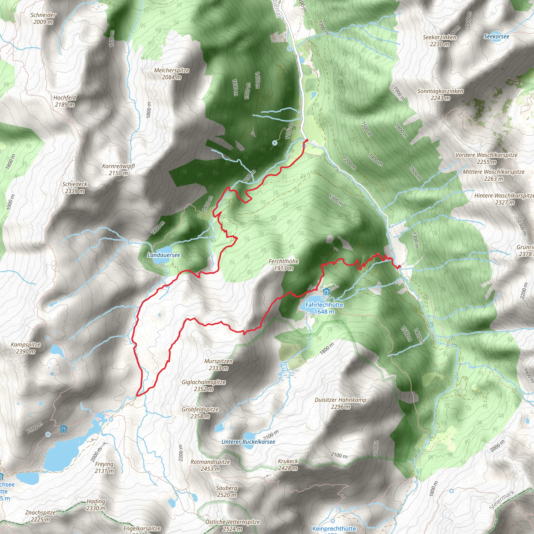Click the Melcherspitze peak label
[171, 74]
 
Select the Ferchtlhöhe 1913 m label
[283, 264]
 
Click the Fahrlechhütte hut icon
[327, 292]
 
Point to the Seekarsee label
[496, 37]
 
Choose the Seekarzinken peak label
[439, 41]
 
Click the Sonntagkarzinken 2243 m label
[440, 94]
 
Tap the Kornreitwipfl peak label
[118, 169]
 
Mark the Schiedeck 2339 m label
[75, 187]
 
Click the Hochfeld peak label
[65, 101]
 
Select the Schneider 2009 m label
[43, 18]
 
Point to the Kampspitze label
[26, 348]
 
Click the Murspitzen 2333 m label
[218, 365]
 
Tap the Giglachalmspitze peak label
[203, 386]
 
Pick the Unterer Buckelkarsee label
[248, 442]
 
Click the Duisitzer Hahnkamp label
[341, 403]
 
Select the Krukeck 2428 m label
[288, 465]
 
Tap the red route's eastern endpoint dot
[399, 267]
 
